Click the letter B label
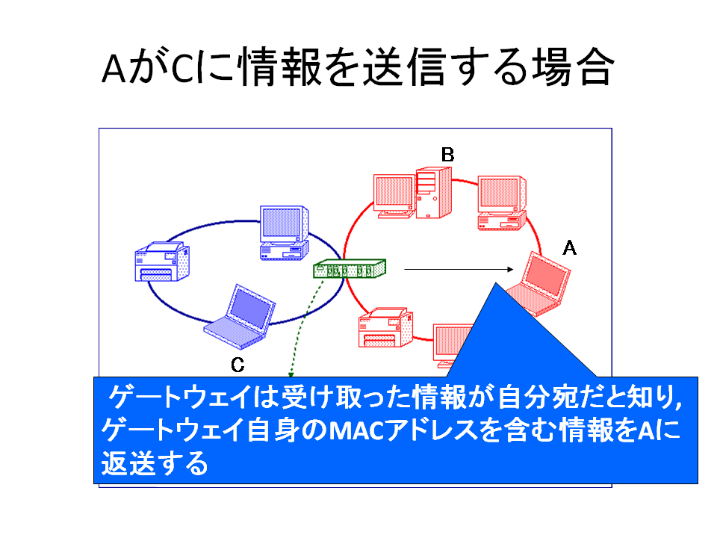(x=447, y=155)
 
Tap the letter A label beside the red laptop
(x=569, y=248)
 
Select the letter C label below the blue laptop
(x=238, y=365)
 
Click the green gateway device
(x=350, y=268)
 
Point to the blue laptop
(x=240, y=317)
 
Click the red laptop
(x=539, y=284)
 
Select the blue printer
(x=162, y=262)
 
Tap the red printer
(x=386, y=327)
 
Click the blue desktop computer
(x=285, y=233)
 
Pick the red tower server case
(x=434, y=193)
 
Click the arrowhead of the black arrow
(x=510, y=270)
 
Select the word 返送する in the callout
(x=155, y=464)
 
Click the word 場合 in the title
(x=571, y=67)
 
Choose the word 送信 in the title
(x=403, y=67)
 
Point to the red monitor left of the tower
(x=394, y=194)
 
